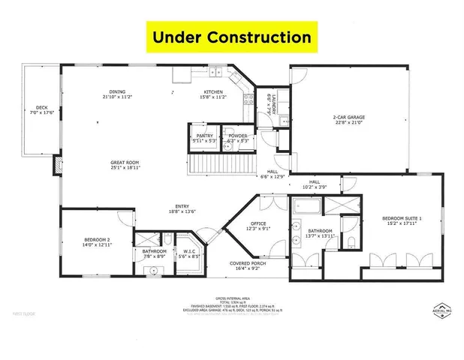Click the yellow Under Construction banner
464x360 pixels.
tap(231, 35)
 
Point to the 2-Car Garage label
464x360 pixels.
tap(349, 118)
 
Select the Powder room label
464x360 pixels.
tap(238, 138)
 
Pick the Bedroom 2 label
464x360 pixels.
tap(98, 242)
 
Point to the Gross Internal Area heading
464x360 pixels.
tap(232, 298)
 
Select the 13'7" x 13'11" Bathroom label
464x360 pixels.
tap(320, 233)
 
